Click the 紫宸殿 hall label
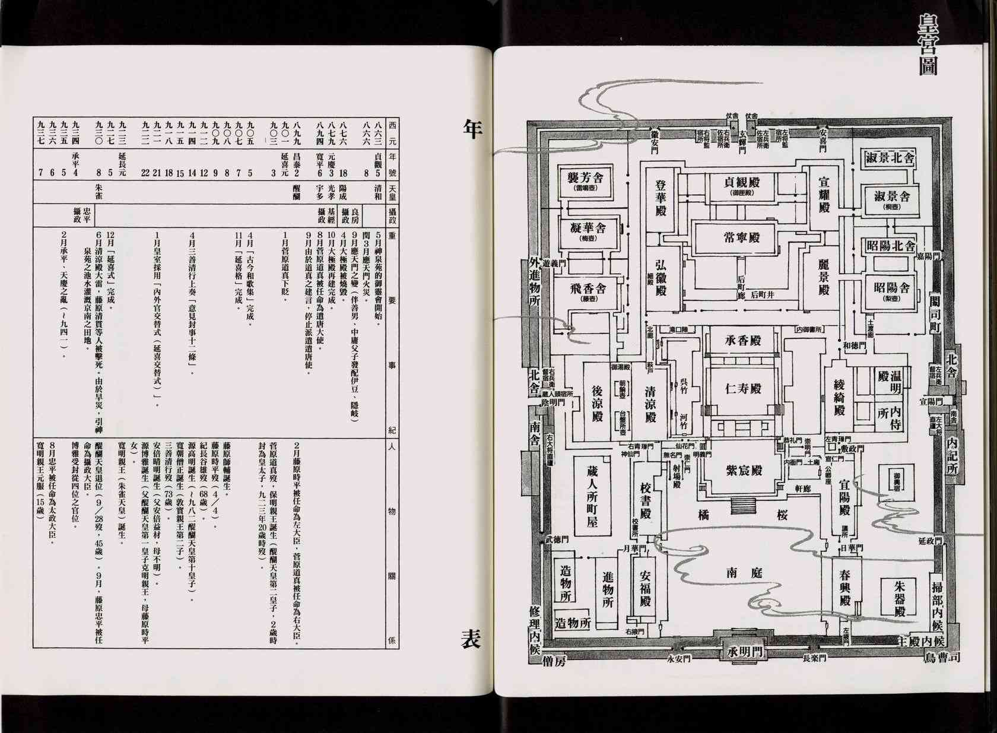point(743,470)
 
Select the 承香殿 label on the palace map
point(742,341)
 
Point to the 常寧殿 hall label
point(741,238)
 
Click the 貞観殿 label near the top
point(742,183)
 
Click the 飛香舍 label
point(585,291)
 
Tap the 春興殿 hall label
point(845,588)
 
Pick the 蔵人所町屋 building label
point(592,496)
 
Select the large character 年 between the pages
point(473,128)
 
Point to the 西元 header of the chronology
point(392,132)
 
